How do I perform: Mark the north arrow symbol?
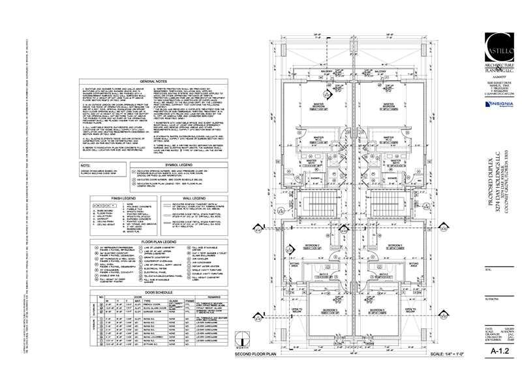(x=241, y=340)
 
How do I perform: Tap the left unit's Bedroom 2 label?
(x=313, y=246)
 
